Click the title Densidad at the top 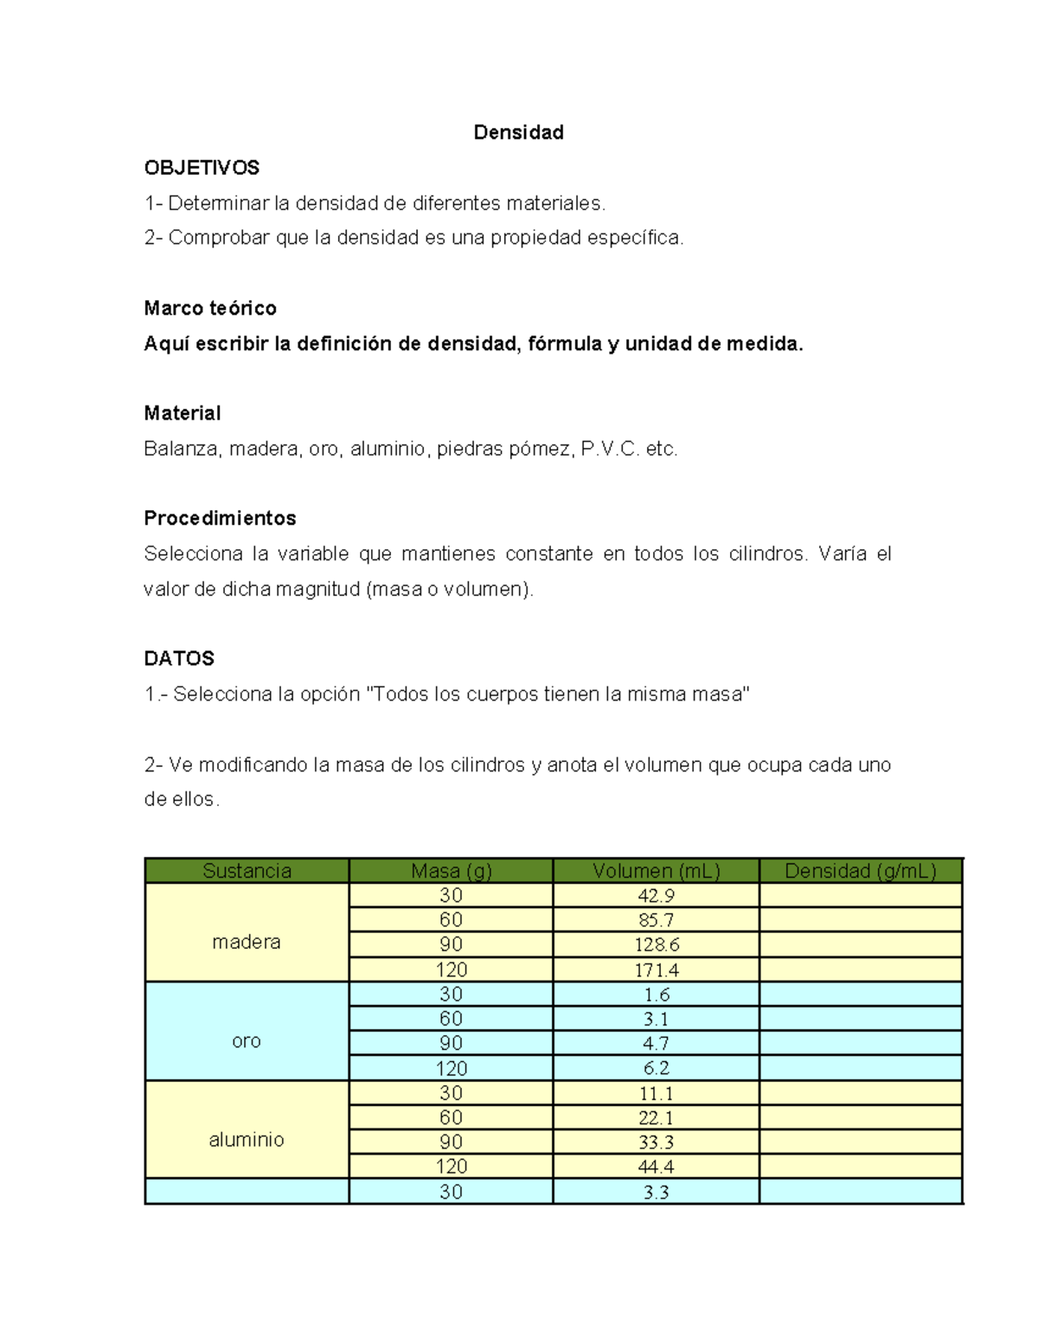click(518, 132)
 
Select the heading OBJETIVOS click(202, 168)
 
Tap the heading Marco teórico click(210, 309)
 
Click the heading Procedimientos click(220, 518)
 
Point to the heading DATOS click(179, 659)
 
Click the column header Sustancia click(247, 871)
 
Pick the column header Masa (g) click(451, 871)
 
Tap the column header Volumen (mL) click(656, 871)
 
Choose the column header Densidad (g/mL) click(860, 871)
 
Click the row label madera click(247, 942)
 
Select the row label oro click(247, 1041)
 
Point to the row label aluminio click(247, 1140)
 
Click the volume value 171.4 click(656, 970)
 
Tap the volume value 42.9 click(656, 896)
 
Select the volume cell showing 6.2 click(656, 1069)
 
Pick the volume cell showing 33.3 click(656, 1142)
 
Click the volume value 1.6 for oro click(656, 994)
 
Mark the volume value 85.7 click(656, 920)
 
